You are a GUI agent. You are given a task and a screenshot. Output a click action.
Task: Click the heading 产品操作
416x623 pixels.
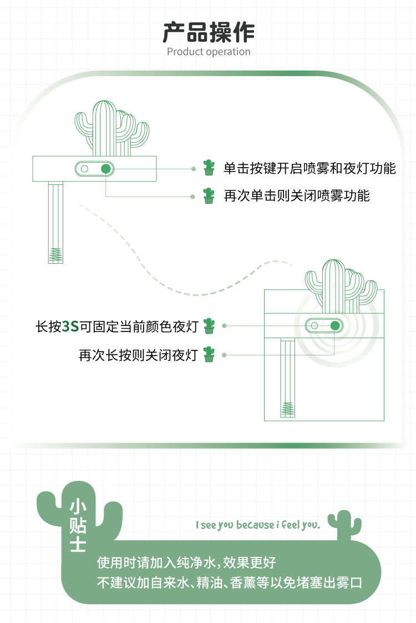(x=208, y=32)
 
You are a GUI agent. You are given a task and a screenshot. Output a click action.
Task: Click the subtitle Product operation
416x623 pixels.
(x=209, y=52)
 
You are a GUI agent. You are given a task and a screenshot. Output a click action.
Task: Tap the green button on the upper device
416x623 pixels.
(x=106, y=169)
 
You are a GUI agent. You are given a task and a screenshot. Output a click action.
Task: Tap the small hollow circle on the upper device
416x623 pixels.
(x=84, y=169)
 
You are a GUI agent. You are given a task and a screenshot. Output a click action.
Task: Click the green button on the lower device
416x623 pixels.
(x=335, y=325)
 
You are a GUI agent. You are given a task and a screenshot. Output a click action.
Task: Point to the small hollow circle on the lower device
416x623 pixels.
(x=314, y=325)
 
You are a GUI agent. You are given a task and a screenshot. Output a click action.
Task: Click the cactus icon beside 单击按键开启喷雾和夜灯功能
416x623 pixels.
(x=209, y=168)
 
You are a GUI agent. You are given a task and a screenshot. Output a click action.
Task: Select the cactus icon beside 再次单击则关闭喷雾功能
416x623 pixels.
(x=209, y=195)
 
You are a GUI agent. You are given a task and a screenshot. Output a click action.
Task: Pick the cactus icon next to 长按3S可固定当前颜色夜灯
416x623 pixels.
(x=209, y=326)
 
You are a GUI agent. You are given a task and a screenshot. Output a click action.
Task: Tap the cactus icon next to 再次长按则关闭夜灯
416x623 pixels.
(x=209, y=354)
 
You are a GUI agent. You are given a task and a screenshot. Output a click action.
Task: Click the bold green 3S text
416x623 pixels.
(x=70, y=326)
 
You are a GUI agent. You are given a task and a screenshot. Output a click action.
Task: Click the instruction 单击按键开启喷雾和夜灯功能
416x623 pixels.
(x=310, y=168)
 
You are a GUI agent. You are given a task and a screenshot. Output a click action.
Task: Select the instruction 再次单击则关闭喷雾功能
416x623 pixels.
(x=296, y=196)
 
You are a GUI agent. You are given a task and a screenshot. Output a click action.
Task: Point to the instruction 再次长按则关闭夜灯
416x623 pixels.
(x=138, y=355)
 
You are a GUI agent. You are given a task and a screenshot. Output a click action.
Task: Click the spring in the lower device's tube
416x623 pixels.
(x=288, y=409)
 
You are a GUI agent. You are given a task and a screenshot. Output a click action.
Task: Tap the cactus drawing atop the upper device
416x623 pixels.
(x=111, y=128)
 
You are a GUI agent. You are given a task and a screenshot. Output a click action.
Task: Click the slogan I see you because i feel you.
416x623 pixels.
(x=258, y=525)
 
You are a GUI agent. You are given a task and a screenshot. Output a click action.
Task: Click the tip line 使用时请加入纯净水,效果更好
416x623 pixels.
(x=186, y=562)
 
